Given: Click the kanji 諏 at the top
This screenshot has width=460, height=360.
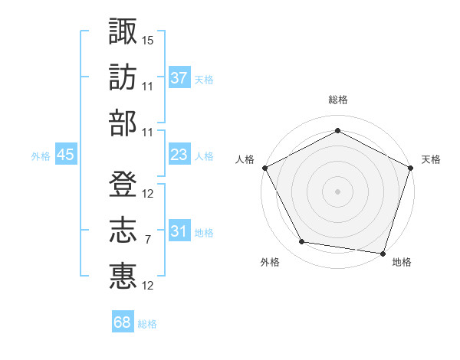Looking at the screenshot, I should click(123, 31).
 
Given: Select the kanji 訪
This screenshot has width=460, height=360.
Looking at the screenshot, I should click(123, 77).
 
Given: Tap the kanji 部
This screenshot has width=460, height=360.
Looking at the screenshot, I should click(123, 123).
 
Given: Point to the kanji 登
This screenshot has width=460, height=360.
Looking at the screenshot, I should click(123, 185).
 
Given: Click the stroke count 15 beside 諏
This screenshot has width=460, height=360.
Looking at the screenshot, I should click(148, 39).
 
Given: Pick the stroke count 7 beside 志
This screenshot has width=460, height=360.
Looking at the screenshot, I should click(147, 240).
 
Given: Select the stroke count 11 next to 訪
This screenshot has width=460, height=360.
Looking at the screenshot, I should click(148, 86).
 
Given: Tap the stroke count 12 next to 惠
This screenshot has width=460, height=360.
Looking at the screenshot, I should click(148, 286).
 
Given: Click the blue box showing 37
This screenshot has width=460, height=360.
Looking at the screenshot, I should click(179, 77).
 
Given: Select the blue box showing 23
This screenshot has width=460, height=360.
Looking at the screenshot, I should click(179, 155).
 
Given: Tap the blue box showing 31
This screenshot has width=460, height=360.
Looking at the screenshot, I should click(179, 231).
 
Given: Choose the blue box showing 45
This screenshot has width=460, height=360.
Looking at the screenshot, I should click(65, 155).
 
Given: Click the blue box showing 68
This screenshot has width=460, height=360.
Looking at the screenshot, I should click(122, 322).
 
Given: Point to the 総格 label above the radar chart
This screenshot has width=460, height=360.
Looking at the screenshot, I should click(337, 100).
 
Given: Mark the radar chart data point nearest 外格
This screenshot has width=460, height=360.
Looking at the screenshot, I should click(302, 242).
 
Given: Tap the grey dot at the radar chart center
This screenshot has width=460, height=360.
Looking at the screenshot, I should click(337, 191).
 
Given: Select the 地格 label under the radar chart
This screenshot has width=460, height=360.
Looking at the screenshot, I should click(402, 262).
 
